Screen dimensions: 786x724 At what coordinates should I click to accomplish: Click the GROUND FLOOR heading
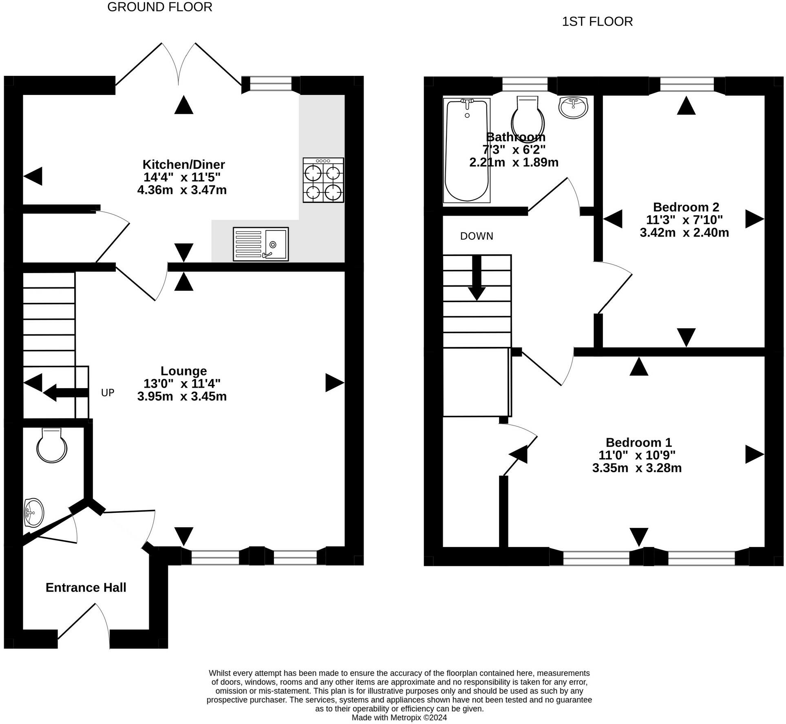pyautogui.click(x=160, y=7)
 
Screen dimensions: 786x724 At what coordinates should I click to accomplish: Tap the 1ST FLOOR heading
pyautogui.click(x=597, y=22)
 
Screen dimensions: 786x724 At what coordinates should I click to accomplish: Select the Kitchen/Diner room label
pyautogui.click(x=183, y=164)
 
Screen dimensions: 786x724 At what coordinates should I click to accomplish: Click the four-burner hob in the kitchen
pyautogui.click(x=323, y=180)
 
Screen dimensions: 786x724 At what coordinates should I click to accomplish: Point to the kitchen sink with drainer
pyautogui.click(x=261, y=244)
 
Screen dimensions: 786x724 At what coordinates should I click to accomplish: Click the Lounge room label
pyautogui.click(x=183, y=371)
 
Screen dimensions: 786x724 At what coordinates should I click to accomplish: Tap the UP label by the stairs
pyautogui.click(x=108, y=393)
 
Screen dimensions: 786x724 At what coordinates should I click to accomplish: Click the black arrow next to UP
pyautogui.click(x=66, y=393)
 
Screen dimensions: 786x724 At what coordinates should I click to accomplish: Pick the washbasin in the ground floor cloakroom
pyautogui.click(x=34, y=512)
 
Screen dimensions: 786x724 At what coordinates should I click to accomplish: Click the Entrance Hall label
pyautogui.click(x=86, y=587)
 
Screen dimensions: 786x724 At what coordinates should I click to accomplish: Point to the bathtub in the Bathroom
pyautogui.click(x=467, y=150)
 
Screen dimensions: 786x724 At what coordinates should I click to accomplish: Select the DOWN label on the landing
pyautogui.click(x=477, y=236)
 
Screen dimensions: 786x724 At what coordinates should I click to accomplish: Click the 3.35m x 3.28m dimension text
pyautogui.click(x=637, y=468)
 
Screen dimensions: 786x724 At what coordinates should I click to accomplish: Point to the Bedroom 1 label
pyautogui.click(x=638, y=442)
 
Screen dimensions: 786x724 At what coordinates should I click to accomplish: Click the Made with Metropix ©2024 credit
pyautogui.click(x=399, y=717)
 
